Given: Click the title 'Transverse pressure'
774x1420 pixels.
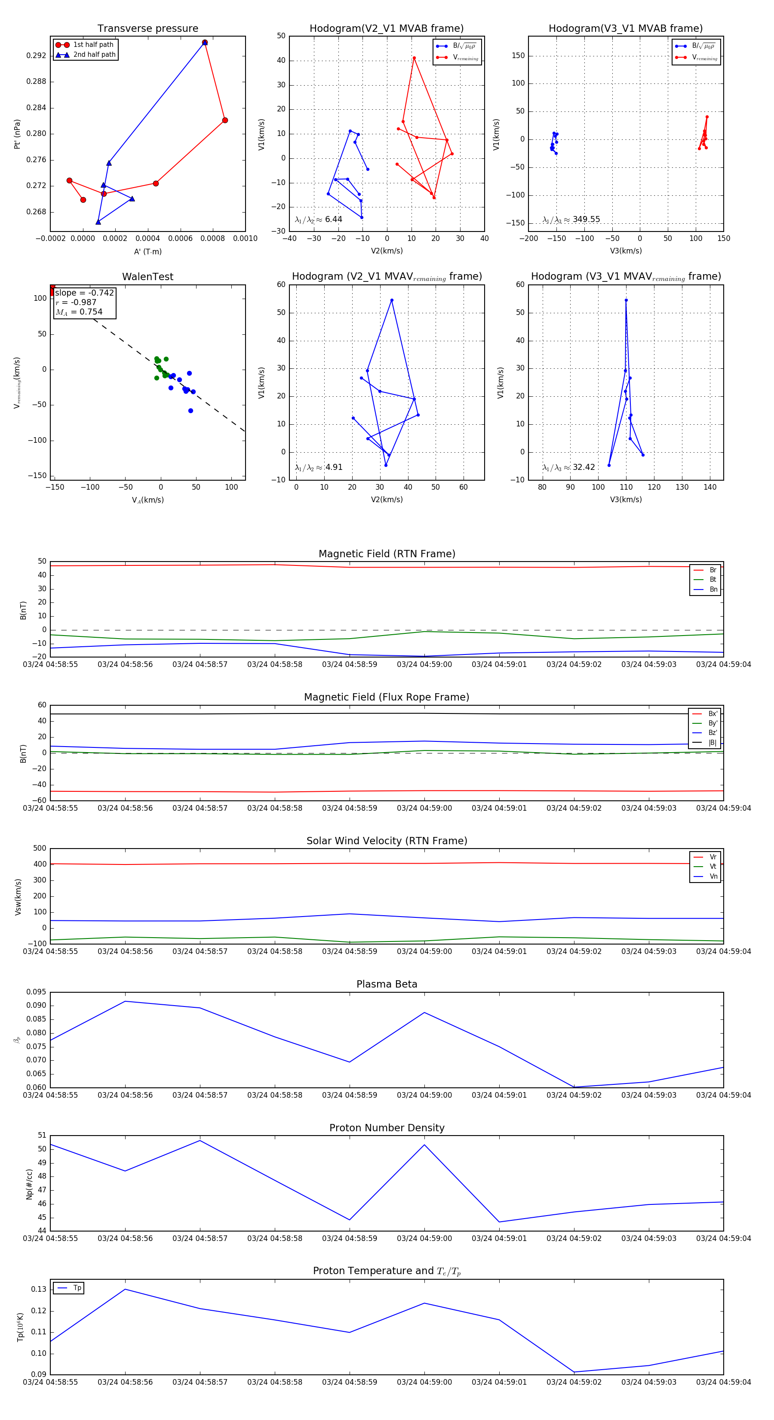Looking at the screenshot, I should (x=147, y=29).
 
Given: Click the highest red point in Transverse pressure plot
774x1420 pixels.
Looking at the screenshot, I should (x=204, y=43).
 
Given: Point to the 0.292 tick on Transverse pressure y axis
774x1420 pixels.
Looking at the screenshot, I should (x=37, y=56).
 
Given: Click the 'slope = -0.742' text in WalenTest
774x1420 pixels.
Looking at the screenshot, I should (x=84, y=293).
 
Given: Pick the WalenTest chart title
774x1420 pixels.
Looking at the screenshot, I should (x=147, y=277).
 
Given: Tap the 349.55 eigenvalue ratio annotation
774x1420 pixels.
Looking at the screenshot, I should (x=586, y=219).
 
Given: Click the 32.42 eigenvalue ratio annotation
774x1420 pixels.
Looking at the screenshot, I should (x=584, y=467).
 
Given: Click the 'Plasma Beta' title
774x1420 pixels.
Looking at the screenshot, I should (x=387, y=984).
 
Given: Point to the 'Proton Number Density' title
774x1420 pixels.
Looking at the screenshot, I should (x=387, y=1128).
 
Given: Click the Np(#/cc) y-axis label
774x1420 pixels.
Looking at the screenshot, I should (x=29, y=1184).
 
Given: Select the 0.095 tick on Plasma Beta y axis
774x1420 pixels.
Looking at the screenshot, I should (x=37, y=992).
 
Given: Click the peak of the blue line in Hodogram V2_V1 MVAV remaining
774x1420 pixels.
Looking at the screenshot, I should (x=392, y=300).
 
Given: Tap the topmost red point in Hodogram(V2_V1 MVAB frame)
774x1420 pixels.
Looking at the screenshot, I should (x=414, y=58).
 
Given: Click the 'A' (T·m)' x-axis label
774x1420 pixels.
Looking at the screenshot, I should (x=147, y=251).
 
